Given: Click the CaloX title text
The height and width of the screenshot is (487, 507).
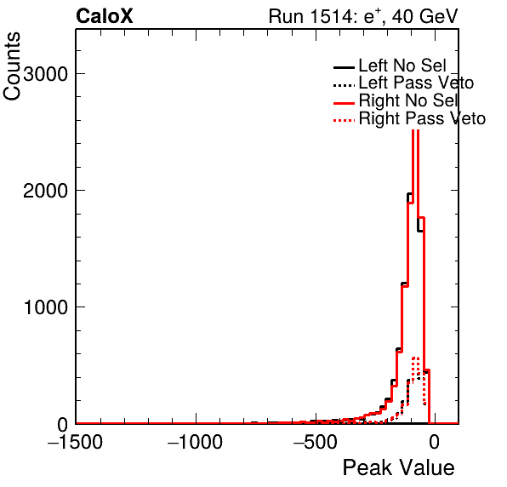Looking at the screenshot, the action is click(105, 16).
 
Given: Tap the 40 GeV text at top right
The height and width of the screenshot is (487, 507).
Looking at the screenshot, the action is click(424, 16).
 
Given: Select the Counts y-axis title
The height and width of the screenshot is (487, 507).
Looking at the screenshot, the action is click(12, 66).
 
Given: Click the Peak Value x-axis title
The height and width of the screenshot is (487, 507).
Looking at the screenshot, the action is click(398, 467).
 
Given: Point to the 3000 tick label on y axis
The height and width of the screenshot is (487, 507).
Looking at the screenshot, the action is click(45, 74).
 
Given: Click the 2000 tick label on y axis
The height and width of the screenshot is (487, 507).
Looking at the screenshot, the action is click(45, 191).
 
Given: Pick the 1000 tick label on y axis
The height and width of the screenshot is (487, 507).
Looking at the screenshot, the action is click(46, 307).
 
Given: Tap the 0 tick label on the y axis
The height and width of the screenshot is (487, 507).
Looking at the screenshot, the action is click(63, 424).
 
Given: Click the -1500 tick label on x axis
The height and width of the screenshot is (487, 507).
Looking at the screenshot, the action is click(76, 441).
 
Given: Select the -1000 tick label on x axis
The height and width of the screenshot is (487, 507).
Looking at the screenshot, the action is click(196, 441).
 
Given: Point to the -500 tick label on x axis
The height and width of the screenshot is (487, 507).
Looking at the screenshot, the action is click(316, 441).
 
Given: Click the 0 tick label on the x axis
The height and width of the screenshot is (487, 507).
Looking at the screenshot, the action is click(435, 441).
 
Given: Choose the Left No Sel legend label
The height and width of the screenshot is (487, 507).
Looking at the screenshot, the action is click(402, 66).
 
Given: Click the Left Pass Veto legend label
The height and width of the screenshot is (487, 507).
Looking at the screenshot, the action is click(416, 83).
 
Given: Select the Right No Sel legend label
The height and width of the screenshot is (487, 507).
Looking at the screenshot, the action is click(408, 100).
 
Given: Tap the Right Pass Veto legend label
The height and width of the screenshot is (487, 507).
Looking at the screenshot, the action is click(422, 118).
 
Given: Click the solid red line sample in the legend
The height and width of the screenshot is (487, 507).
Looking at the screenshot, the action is click(344, 103).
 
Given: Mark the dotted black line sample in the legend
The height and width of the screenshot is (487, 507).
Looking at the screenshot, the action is click(344, 85).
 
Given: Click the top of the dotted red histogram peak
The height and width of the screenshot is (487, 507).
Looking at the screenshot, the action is click(415, 358).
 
